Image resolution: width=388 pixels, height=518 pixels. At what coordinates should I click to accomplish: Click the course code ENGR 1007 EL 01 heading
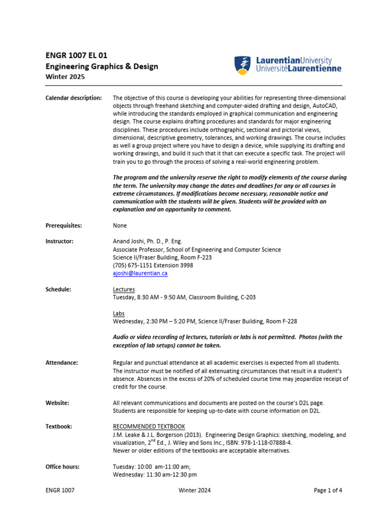[x=76, y=55]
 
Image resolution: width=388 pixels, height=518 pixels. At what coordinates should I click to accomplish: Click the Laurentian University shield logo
[x=244, y=66]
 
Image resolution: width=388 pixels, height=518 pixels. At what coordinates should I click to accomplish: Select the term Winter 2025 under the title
[x=66, y=77]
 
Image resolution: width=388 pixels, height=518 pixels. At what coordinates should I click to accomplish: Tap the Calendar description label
[x=74, y=98]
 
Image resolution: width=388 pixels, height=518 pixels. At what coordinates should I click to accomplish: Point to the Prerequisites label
[x=64, y=226]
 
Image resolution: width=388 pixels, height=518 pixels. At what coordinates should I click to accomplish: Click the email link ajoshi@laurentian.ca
[x=140, y=273]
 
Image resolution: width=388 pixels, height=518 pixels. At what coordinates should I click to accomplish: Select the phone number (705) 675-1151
[x=134, y=265]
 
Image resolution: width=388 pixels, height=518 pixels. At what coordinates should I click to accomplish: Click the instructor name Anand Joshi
[x=128, y=241]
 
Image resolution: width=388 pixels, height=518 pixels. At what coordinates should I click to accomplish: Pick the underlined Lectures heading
[x=124, y=289]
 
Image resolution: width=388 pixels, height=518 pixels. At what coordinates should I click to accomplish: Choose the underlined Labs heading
[x=119, y=313]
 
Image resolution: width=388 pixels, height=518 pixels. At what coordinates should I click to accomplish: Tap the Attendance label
[x=62, y=363]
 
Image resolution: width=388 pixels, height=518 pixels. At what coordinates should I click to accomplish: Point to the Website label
[x=57, y=403]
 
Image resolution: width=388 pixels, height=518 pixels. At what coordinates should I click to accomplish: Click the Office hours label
[x=63, y=467]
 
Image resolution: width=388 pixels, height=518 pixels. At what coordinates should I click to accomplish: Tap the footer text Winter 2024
[x=195, y=490]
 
